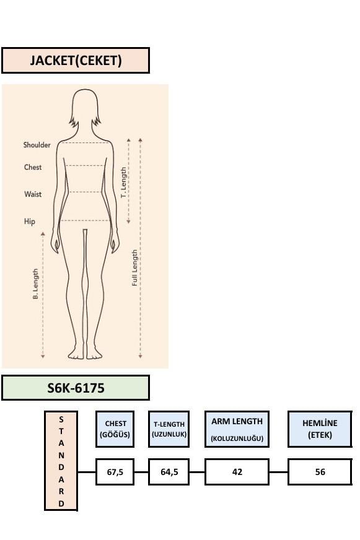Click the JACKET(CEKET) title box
pos(76,61)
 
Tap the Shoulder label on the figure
pos(37,145)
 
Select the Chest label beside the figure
pos(33,167)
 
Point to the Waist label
pos(33,194)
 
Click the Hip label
pos(30,222)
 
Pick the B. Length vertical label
pos(35,284)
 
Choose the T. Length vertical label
pos(123,183)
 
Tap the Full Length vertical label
pos(134,268)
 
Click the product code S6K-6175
pos(76,388)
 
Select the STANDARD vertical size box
pos(61,461)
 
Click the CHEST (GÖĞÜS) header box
pos(115,429)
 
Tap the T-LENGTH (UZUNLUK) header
pos(169,429)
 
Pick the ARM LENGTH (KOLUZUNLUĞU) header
pos(237,429)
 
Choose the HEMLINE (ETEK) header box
pos(320,429)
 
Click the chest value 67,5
pos(115,472)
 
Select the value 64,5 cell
pos(169,472)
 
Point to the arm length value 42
pos(237,472)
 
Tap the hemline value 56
pos(320,472)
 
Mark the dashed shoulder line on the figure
pos(86,142)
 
